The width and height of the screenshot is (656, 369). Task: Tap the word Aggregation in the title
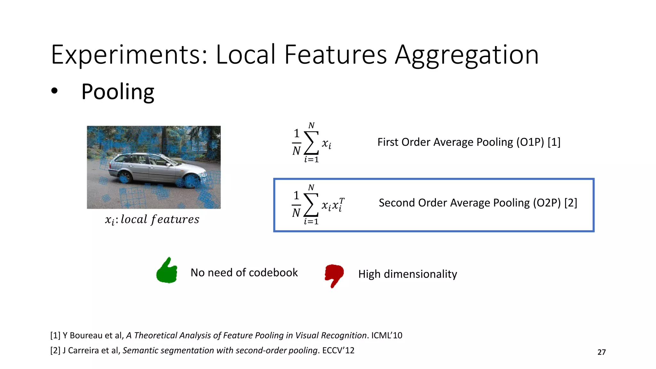[x=467, y=55]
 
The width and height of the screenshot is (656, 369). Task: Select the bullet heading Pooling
[x=118, y=92]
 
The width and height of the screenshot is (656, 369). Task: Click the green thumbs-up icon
[x=167, y=271]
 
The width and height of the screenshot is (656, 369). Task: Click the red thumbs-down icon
[x=334, y=275]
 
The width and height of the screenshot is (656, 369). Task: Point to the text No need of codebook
[x=244, y=273]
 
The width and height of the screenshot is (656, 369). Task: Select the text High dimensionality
[x=407, y=274]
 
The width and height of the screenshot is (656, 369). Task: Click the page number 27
[x=602, y=352]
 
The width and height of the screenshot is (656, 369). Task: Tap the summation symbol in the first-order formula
[x=311, y=143]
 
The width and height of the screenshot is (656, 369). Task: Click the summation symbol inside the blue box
[x=311, y=205]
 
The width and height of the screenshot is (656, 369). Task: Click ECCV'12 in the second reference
[x=338, y=350]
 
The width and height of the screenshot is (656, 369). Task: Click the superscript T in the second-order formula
[x=342, y=201]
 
